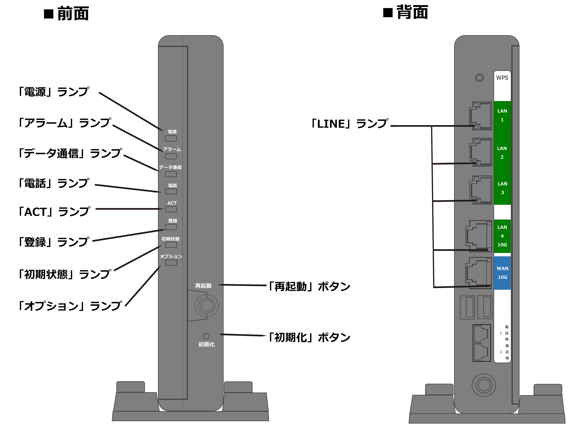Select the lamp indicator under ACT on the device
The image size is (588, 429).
point(171,209)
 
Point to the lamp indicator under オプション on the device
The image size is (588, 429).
point(171,263)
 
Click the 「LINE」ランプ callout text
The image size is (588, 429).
point(350,124)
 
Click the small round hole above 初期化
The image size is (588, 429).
point(206,336)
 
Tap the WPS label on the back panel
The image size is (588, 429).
point(502,78)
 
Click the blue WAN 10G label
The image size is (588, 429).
point(502,273)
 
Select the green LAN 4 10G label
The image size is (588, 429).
point(502,236)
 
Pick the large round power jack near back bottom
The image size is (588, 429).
point(484,385)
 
